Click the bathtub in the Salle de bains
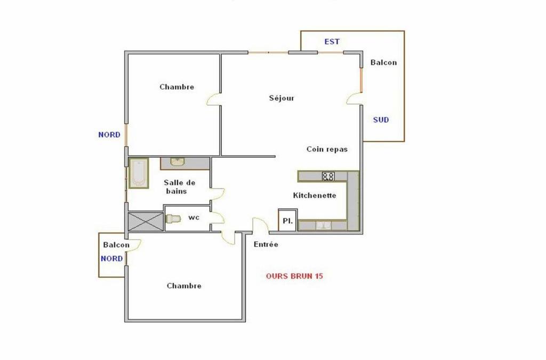(x=139, y=173)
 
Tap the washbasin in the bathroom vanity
(x=178, y=162)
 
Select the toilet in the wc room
(x=173, y=219)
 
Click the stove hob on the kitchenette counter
(x=328, y=177)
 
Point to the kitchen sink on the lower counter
(x=324, y=226)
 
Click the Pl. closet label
(x=287, y=221)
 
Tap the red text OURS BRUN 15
(x=294, y=276)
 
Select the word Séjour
(x=282, y=98)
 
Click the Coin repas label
(x=327, y=149)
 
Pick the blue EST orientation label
(x=332, y=42)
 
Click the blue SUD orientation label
(x=381, y=120)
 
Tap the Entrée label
(x=266, y=244)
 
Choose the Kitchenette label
(x=315, y=195)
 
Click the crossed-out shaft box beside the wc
(x=146, y=221)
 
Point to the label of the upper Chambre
(x=177, y=87)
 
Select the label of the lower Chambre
(x=184, y=286)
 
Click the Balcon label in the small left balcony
(x=116, y=245)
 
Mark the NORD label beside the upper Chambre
(x=109, y=135)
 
